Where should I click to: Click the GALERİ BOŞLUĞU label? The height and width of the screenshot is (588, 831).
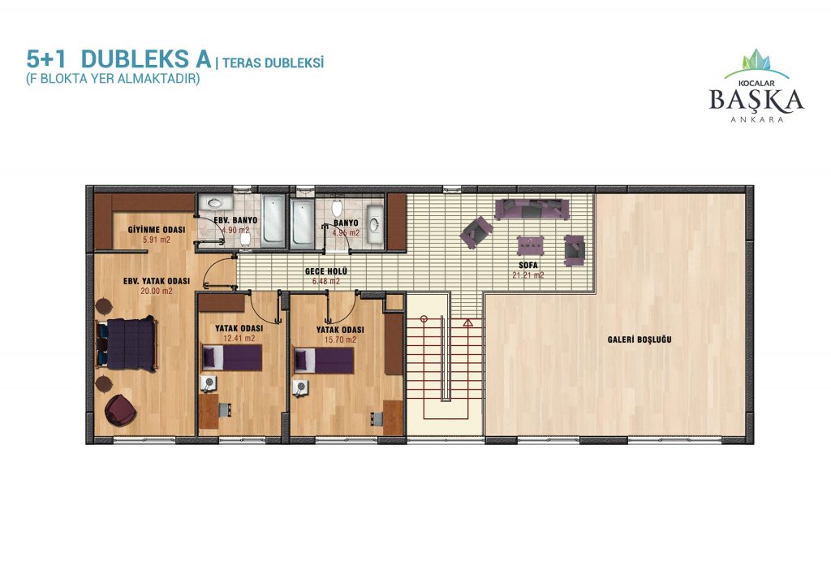tap(639, 339)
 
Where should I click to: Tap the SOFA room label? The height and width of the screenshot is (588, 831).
tap(527, 265)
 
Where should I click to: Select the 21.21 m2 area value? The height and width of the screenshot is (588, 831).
tap(527, 275)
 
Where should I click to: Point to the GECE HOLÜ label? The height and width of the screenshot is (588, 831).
tap(326, 271)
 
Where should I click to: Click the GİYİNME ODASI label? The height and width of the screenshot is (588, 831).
tap(157, 230)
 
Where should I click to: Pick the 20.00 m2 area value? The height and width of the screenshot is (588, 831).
tap(157, 291)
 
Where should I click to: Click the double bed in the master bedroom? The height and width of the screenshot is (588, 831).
tap(127, 344)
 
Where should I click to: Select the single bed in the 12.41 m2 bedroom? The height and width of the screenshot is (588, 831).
tap(231, 357)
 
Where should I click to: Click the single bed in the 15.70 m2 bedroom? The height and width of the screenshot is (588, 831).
tap(323, 361)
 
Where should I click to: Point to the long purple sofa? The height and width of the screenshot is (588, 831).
tap(532, 209)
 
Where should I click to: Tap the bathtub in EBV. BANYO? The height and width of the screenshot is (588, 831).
tap(273, 221)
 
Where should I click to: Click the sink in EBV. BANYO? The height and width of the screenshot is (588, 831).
tap(214, 202)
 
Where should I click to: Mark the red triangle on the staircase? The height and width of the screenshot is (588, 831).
tap(467, 322)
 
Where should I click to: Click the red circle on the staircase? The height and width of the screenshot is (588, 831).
tap(424, 319)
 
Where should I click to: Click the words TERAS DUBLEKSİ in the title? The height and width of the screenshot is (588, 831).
tap(273, 63)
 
